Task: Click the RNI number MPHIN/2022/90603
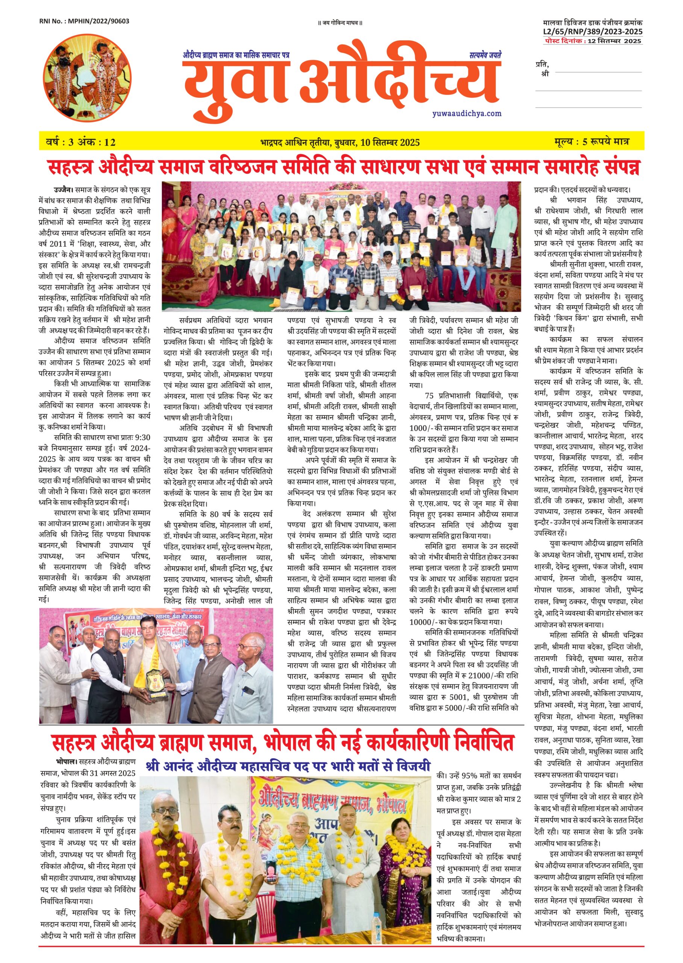(x=84, y=21)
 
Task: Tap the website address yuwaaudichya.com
(x=466, y=113)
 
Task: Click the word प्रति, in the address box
(x=542, y=64)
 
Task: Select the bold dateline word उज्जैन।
(x=64, y=189)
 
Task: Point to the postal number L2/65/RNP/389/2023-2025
(x=592, y=32)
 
